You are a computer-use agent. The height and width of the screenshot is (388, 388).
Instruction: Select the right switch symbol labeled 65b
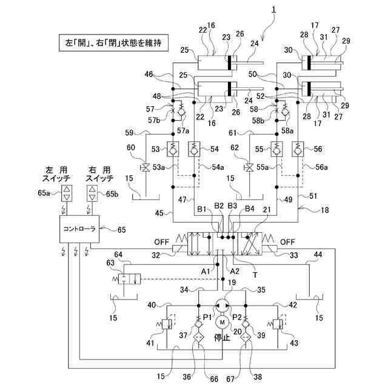pos(92,194)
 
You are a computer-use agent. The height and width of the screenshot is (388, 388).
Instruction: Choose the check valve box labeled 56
pos(298,148)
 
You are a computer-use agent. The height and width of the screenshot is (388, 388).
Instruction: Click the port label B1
pos(202,210)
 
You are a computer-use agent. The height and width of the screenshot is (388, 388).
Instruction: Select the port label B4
pos(249,210)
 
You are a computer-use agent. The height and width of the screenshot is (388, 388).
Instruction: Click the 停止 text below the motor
pos(222,338)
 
